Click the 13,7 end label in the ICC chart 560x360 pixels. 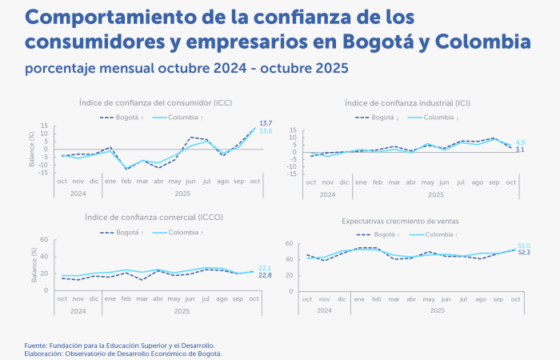(x=266, y=122)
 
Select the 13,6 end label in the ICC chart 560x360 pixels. (x=266, y=131)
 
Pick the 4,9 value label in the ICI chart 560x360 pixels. (x=519, y=142)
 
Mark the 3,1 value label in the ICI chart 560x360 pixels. (x=519, y=150)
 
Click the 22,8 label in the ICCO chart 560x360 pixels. (x=265, y=276)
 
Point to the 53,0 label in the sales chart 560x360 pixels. (x=524, y=246)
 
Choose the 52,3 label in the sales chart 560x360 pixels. (x=524, y=253)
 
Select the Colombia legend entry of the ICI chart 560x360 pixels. (x=438, y=118)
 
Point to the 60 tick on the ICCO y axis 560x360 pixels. (x=45, y=240)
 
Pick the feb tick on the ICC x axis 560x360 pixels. (x=126, y=182)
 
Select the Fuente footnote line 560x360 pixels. (x=119, y=345)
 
